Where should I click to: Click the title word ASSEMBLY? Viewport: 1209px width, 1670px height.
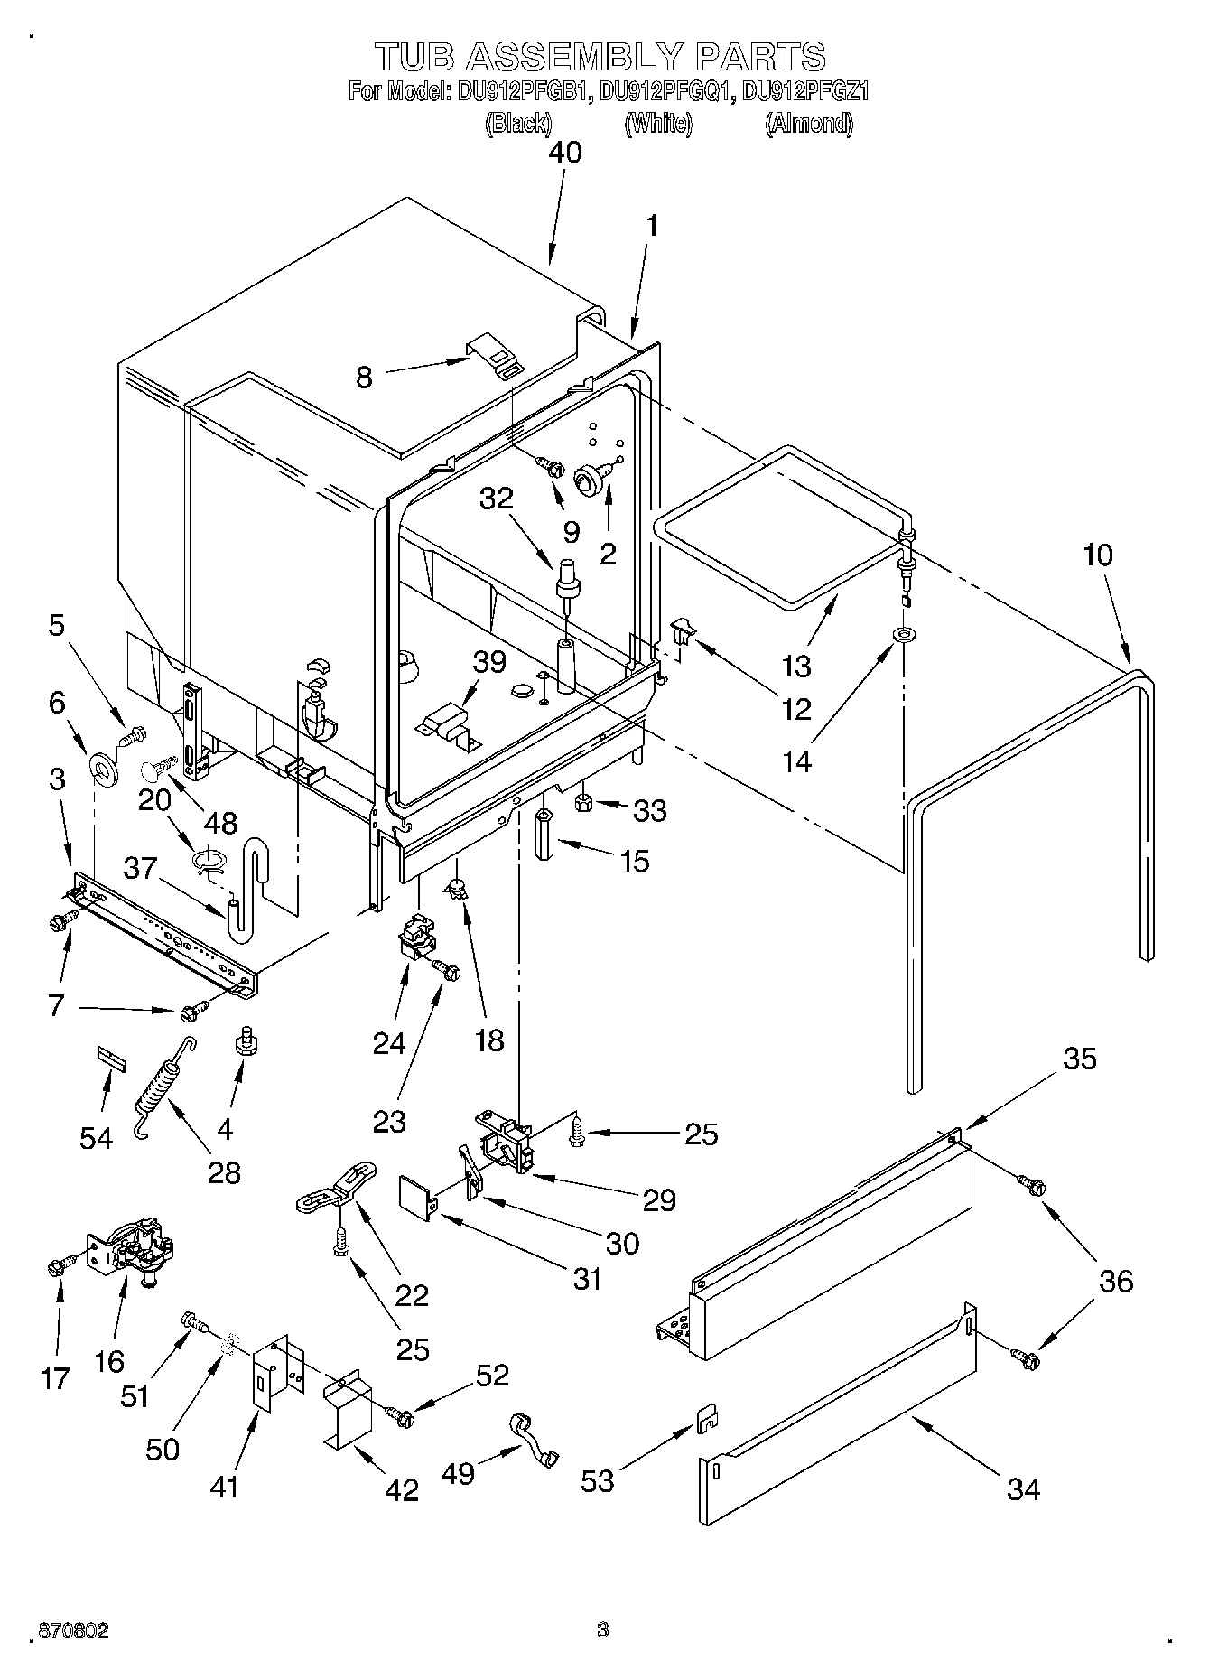[x=574, y=57]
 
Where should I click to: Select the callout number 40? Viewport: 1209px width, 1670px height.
[x=565, y=152]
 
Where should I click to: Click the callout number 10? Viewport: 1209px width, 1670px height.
[x=1098, y=555]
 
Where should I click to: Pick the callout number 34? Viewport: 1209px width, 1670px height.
[x=1024, y=1488]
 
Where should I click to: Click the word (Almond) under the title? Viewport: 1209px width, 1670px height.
[x=808, y=124]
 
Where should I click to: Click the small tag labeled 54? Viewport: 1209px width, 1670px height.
[x=109, y=1058]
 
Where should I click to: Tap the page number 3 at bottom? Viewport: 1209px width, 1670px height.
[x=603, y=1630]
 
